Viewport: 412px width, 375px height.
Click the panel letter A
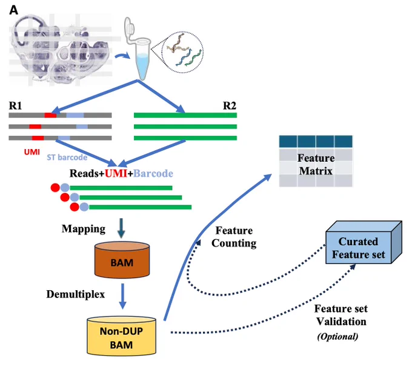click(14, 10)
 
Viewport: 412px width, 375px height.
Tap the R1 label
click(16, 105)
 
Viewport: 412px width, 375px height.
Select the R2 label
click(230, 105)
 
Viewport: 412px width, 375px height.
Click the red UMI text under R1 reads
click(32, 152)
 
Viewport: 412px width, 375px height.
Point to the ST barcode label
click(67, 157)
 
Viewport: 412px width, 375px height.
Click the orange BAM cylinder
click(122, 260)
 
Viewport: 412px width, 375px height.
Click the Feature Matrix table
click(316, 161)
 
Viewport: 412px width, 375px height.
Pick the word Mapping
click(84, 229)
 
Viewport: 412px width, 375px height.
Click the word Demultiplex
click(76, 294)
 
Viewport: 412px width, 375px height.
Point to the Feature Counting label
click(234, 237)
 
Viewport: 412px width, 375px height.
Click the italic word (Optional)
click(337, 336)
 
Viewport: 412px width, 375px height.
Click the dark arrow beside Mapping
click(121, 228)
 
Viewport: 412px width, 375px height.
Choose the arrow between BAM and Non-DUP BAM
click(122, 296)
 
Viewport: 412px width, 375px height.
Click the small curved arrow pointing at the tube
click(122, 56)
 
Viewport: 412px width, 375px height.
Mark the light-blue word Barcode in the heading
click(153, 173)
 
